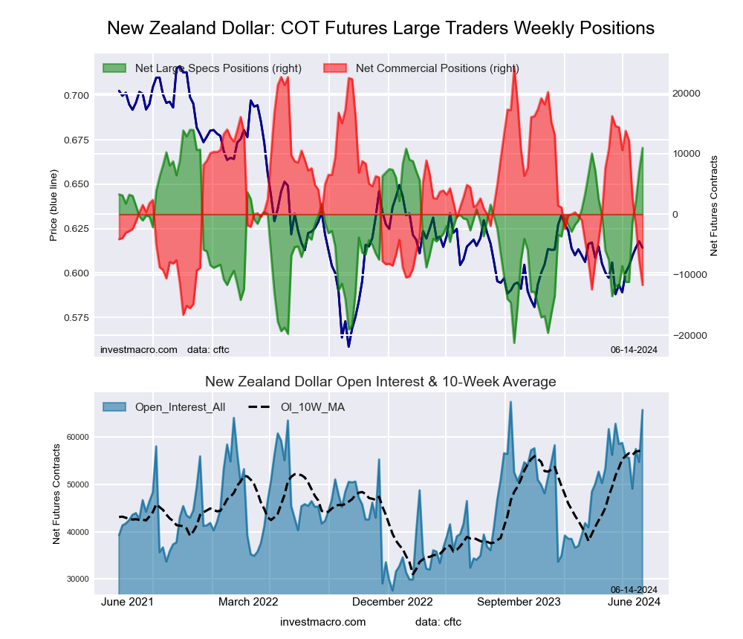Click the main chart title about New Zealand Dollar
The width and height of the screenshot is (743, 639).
[380, 28]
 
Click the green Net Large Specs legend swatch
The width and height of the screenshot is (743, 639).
[114, 68]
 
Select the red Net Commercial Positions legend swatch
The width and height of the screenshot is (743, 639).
[335, 68]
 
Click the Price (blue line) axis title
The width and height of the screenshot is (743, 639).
[53, 206]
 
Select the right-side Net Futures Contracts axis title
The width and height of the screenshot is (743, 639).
[715, 206]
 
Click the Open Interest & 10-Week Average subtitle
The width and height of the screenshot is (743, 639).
[380, 382]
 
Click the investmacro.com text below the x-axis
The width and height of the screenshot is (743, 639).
[323, 622]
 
